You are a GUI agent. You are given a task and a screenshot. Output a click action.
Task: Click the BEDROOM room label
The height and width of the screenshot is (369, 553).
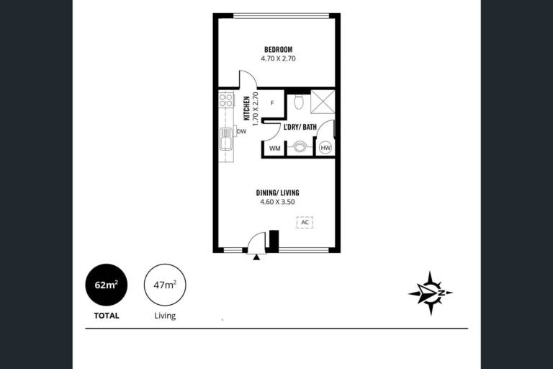[278, 50]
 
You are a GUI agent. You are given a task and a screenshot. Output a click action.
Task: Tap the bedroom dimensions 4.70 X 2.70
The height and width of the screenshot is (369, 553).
[278, 58]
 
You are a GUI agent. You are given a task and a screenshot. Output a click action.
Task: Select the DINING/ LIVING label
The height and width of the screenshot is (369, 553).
[277, 193]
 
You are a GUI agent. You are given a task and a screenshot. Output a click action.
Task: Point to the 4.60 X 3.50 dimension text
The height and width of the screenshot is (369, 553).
[277, 202]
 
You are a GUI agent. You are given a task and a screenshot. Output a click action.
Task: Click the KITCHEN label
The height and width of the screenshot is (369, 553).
[247, 108]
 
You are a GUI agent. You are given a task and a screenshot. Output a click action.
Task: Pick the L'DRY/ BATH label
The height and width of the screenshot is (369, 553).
[300, 127]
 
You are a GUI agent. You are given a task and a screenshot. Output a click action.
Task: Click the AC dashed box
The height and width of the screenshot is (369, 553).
[305, 222]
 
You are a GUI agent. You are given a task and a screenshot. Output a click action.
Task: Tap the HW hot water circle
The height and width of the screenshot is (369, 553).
[325, 148]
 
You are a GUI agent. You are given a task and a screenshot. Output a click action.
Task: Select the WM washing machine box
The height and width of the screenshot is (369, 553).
[275, 148]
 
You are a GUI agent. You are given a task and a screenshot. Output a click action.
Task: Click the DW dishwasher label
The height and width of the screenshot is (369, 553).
[242, 132]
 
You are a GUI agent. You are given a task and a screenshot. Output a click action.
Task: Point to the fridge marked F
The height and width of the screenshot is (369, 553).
[272, 103]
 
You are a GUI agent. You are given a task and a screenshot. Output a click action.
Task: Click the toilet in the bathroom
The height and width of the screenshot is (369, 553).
[298, 102]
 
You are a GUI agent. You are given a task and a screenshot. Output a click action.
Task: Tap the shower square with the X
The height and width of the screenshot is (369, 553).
[323, 102]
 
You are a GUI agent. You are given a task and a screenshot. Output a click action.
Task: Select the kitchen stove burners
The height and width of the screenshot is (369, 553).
[226, 100]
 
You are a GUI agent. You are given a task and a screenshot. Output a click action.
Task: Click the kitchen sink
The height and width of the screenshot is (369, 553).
[226, 139]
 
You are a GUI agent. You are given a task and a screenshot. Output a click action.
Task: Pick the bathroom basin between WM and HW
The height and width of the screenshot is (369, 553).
[300, 147]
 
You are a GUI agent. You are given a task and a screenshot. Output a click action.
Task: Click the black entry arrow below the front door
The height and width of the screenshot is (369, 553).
[256, 257]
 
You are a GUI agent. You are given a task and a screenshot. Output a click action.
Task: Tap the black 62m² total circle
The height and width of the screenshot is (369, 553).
[107, 285]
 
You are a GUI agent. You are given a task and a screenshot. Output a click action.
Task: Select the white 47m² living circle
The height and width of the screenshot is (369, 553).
[165, 285]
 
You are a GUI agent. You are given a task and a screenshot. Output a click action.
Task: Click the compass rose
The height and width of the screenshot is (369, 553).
[431, 293]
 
